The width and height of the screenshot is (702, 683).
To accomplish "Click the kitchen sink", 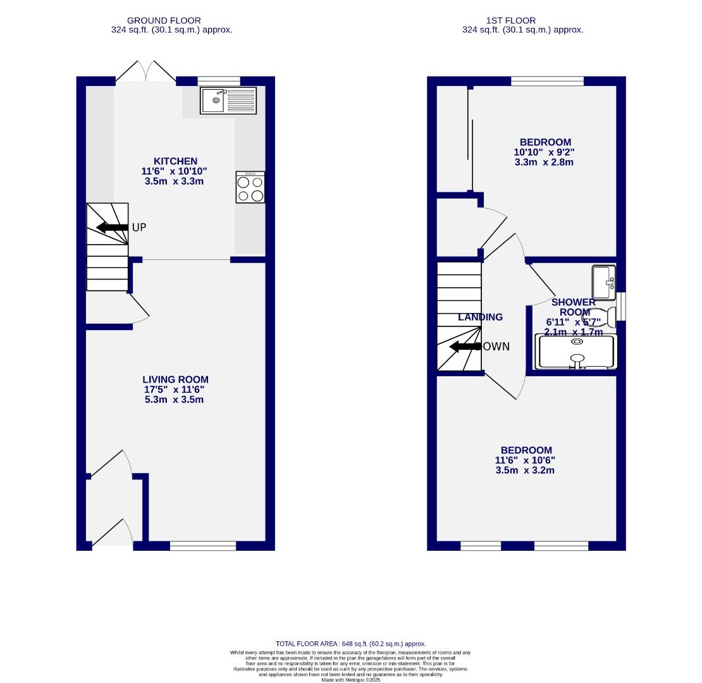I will [x=228, y=101].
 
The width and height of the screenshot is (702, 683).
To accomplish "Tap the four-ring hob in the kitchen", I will [x=250, y=187].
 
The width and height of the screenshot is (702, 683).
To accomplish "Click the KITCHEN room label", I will [x=174, y=161].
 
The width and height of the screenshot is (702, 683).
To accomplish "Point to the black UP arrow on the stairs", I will [x=112, y=227].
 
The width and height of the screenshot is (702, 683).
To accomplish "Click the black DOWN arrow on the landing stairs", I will [x=464, y=347].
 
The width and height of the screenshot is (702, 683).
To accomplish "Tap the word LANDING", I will [x=481, y=317].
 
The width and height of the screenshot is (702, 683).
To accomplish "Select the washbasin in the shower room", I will [x=604, y=282].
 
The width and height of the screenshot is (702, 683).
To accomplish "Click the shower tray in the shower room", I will [x=576, y=352].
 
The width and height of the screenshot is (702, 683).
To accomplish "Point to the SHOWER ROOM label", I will [x=574, y=307].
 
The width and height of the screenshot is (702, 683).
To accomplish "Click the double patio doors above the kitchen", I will [x=145, y=71].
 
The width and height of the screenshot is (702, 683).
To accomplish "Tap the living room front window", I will [x=203, y=546].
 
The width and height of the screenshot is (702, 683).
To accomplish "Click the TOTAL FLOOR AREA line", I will [x=350, y=643].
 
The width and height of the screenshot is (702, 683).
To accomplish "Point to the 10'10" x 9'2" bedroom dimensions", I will [x=545, y=152].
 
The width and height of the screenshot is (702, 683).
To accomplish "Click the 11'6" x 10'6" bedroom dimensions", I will [x=526, y=460].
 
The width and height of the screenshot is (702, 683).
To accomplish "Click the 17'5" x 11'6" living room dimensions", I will [x=174, y=390].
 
